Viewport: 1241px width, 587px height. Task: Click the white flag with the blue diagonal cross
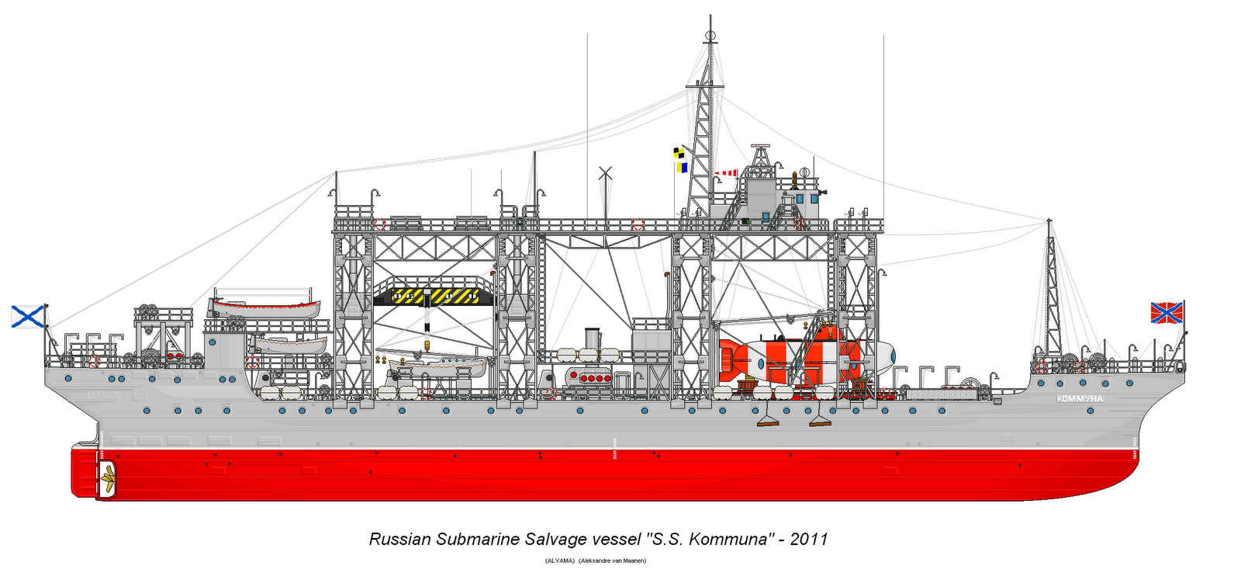click(x=28, y=316)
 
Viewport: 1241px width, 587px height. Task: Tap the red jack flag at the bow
click(x=1166, y=312)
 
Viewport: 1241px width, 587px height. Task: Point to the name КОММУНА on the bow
click(x=1080, y=398)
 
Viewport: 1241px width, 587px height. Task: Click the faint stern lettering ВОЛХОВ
click(x=104, y=395)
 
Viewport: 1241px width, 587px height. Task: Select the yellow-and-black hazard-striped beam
click(x=435, y=295)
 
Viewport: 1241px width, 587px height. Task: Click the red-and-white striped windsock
click(x=726, y=173)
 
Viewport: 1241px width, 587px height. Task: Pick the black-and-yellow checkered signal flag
click(x=679, y=153)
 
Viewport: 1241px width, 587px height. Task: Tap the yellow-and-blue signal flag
click(x=683, y=166)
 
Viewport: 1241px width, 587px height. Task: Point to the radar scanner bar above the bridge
click(x=759, y=146)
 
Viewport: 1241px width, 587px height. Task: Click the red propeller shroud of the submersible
click(x=729, y=358)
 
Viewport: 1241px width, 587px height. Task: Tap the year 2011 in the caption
click(x=809, y=539)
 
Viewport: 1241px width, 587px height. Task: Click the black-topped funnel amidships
click(x=592, y=339)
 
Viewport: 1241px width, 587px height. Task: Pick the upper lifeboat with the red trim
click(x=264, y=307)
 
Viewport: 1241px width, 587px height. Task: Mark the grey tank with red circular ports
click(x=589, y=378)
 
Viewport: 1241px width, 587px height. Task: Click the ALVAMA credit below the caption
click(x=560, y=561)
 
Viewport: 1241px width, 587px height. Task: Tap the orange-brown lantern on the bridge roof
click(x=794, y=181)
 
